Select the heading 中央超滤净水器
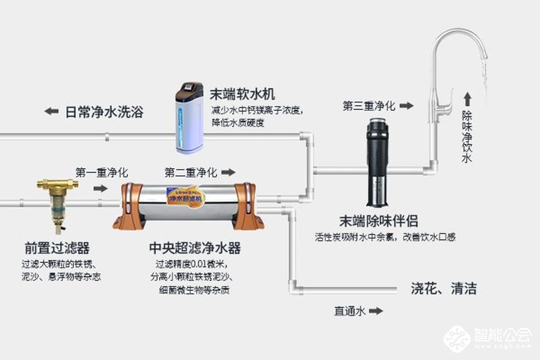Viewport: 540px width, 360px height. [x=195, y=248]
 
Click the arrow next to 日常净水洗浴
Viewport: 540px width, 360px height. [x=51, y=111]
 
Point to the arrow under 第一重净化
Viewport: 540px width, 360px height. [x=100, y=188]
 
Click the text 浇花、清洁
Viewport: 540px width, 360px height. [x=444, y=289]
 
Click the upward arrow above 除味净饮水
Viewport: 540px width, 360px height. [x=467, y=98]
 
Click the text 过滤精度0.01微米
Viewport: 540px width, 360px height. [x=190, y=264]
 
